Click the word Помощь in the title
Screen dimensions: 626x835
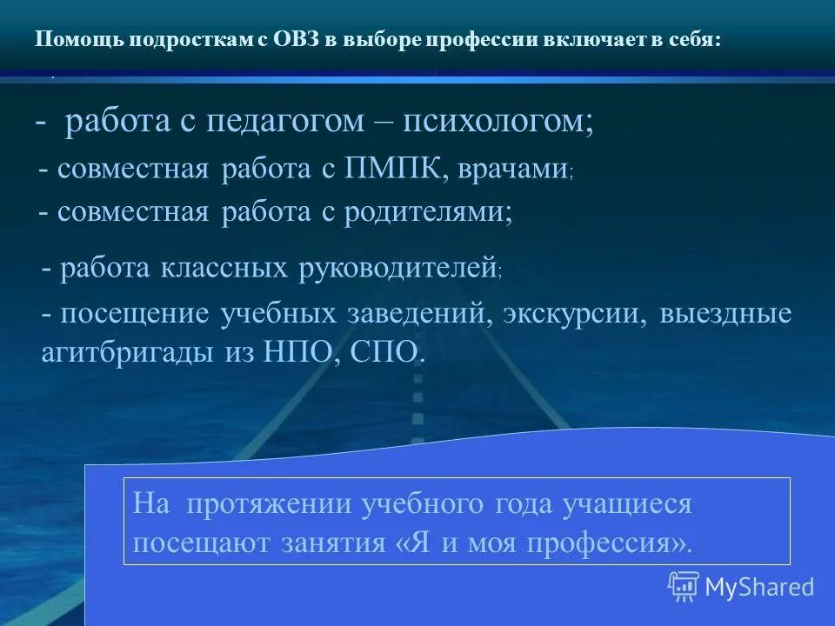click(x=70, y=41)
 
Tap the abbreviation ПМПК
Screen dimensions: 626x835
click(x=389, y=169)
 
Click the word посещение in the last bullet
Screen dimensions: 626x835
click(x=135, y=313)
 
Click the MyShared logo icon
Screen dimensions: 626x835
click(x=683, y=586)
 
